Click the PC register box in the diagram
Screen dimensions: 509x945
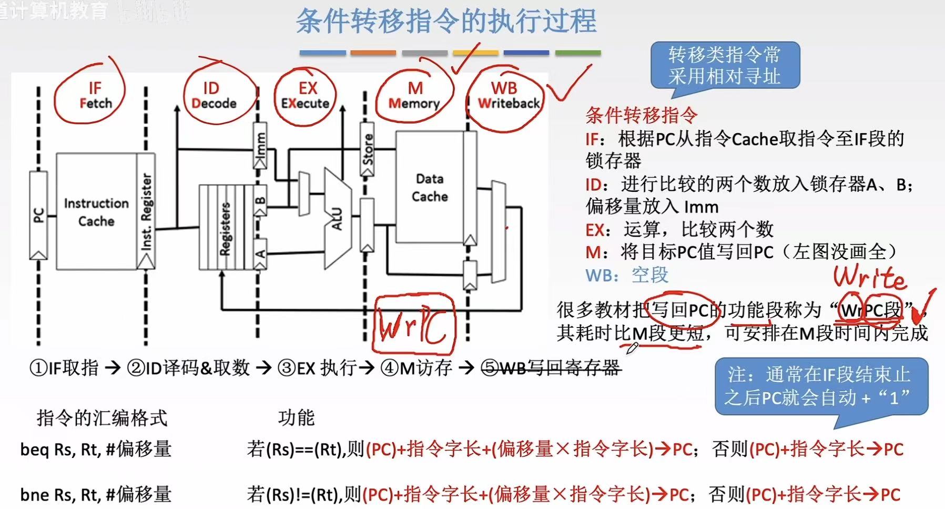[38, 215]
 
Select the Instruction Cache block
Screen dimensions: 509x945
[96, 211]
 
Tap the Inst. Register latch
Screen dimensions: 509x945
[146, 211]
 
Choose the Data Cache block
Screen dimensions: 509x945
[429, 187]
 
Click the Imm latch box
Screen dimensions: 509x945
[260, 146]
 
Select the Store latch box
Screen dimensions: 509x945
[367, 149]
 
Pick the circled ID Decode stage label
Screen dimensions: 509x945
[213, 95]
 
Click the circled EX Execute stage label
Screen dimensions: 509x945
[306, 95]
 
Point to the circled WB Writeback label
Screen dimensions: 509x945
[507, 95]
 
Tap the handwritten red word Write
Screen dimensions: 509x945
[870, 278]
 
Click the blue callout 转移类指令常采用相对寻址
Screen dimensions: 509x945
[724, 65]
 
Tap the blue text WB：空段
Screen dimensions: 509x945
[626, 274]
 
